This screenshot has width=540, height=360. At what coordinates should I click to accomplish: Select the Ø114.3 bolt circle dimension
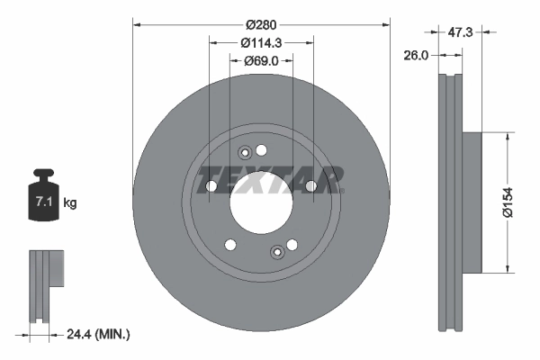261,42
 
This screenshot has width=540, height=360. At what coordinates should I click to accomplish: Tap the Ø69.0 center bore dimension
261,61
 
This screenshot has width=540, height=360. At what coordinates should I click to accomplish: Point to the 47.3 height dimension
461,31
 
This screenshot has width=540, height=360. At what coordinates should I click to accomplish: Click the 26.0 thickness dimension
416,55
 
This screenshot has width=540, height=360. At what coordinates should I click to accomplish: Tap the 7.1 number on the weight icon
42,202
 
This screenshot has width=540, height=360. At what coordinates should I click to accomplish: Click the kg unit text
70,203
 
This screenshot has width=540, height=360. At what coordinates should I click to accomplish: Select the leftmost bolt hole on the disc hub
211,186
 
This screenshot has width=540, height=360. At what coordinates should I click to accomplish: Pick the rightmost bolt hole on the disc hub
310,186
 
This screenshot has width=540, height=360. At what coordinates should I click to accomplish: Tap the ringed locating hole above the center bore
244,154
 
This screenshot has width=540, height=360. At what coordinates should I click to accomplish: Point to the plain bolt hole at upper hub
262,149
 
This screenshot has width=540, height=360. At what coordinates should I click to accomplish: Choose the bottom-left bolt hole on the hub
230,244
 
